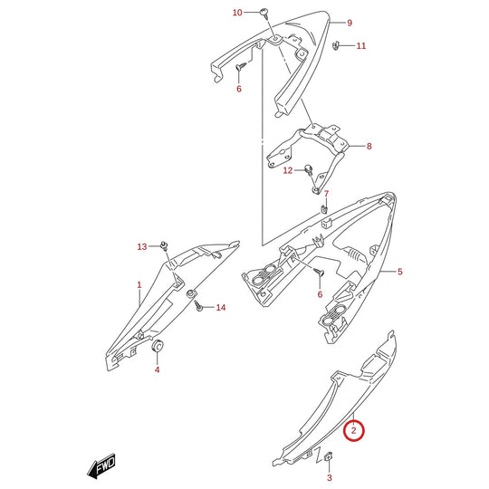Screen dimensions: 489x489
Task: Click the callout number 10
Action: pyautogui.click(x=237, y=13)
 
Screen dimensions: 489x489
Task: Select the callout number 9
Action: pyautogui.click(x=350, y=23)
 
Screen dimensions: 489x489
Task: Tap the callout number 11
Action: pyautogui.click(x=361, y=46)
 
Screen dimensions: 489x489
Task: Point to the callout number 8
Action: pyautogui.click(x=369, y=146)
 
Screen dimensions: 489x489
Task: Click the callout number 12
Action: pyautogui.click(x=288, y=170)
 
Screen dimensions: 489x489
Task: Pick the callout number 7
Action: pyautogui.click(x=326, y=194)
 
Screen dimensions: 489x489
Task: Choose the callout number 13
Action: pyautogui.click(x=142, y=246)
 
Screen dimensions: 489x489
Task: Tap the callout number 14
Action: pyautogui.click(x=221, y=308)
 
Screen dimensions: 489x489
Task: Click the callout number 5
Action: pyautogui.click(x=400, y=272)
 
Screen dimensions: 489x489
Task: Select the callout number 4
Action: pyautogui.click(x=158, y=369)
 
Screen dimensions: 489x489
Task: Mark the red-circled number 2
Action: pyautogui.click(x=354, y=431)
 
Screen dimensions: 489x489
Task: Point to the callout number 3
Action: pyautogui.click(x=330, y=477)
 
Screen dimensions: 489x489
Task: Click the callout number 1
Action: pyautogui.click(x=139, y=284)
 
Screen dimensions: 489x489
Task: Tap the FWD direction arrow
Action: pyautogui.click(x=101, y=465)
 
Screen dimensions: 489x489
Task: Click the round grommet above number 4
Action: pyautogui.click(x=158, y=345)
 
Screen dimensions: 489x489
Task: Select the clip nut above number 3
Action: pyautogui.click(x=329, y=456)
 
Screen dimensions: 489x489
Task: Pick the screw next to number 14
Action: pyautogui.click(x=197, y=306)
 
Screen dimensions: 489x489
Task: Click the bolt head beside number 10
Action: pyautogui.click(x=264, y=12)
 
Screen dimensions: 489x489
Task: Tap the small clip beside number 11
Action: pyautogui.click(x=336, y=45)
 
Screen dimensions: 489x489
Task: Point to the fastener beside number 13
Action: pyautogui.click(x=164, y=245)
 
